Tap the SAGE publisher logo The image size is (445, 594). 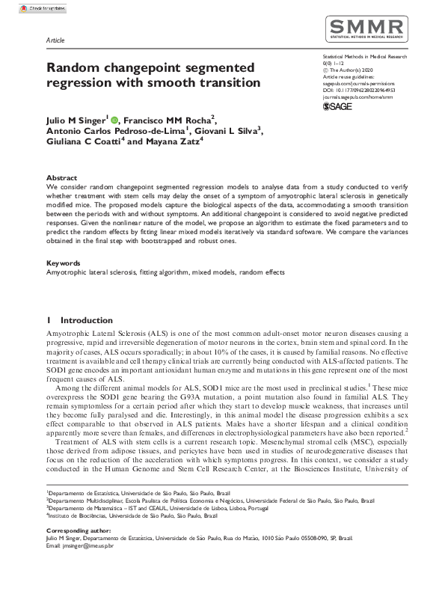337,107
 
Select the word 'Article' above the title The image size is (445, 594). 55,40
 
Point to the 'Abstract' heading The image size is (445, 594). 61,177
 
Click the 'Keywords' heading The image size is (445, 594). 64,263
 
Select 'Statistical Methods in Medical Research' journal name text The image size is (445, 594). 364,56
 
